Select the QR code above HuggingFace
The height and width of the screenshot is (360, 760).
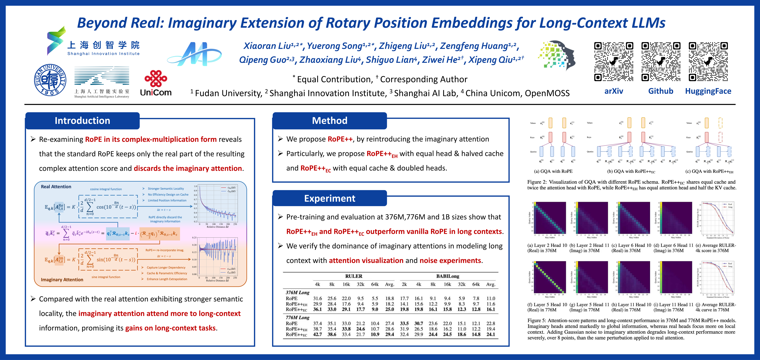click(x=708, y=62)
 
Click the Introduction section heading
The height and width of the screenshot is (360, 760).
click(x=82, y=121)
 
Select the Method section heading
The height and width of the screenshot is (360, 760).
click(x=330, y=121)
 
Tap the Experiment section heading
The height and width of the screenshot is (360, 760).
click(x=330, y=198)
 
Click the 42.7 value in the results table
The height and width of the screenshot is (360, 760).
click(x=318, y=334)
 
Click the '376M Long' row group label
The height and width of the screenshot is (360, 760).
click(x=297, y=292)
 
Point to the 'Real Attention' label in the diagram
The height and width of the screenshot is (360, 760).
click(x=56, y=187)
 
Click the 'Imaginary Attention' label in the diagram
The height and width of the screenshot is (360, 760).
click(x=62, y=280)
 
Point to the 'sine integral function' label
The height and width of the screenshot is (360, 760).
click(x=106, y=277)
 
